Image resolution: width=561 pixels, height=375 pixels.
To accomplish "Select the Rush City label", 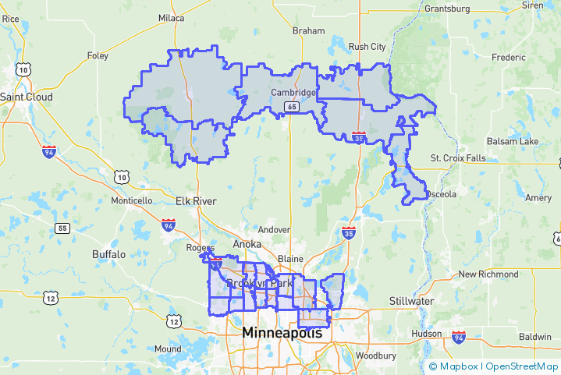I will [x=367, y=47].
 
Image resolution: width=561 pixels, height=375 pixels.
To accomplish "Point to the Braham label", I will [x=308, y=31].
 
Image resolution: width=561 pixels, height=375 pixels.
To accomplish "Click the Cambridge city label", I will [x=293, y=93].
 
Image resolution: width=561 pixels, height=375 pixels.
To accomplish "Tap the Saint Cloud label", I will [x=27, y=97].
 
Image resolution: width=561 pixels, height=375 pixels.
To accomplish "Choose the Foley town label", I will [x=98, y=56].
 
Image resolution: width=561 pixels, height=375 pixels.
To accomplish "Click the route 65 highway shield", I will [x=290, y=107].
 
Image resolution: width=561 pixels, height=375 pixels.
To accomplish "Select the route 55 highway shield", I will [x=62, y=228].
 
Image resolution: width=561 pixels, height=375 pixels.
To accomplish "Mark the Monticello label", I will [x=132, y=200].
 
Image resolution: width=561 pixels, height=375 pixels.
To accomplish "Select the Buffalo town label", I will [x=108, y=254].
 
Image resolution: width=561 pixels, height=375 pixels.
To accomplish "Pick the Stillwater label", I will [x=411, y=301].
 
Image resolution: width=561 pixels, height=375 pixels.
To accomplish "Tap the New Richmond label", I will [x=488, y=274].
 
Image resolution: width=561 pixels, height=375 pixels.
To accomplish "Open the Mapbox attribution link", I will [x=456, y=366].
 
